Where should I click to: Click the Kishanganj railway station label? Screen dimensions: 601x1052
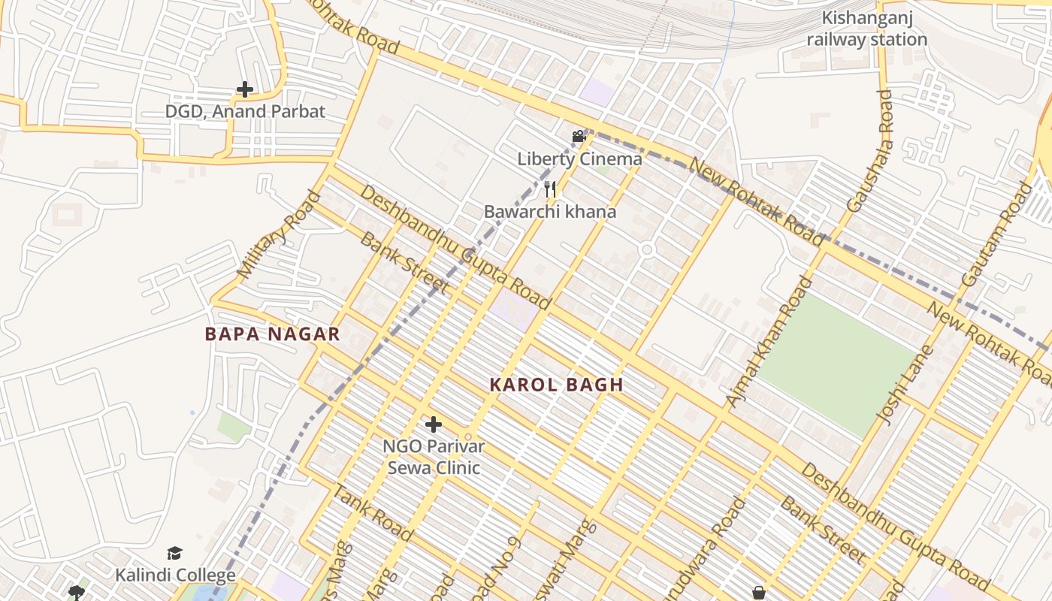click(866, 29)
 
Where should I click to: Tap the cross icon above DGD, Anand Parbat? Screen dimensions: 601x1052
click(244, 89)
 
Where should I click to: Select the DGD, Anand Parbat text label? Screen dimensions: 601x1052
click(245, 112)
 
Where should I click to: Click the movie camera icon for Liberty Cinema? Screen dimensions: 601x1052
click(579, 136)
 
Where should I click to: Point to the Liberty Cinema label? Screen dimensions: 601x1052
click(579, 159)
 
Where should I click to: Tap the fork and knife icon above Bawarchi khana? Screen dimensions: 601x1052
click(550, 189)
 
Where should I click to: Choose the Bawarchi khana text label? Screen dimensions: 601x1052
click(549, 212)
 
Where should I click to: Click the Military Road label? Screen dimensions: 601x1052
click(279, 234)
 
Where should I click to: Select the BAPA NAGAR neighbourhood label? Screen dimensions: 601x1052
click(273, 335)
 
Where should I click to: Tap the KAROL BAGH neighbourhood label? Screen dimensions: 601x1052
click(556, 385)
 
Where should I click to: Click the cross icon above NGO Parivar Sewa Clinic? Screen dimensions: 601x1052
click(433, 424)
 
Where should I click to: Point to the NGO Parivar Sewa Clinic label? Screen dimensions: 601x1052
click(434, 457)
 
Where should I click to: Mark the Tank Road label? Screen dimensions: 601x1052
click(372, 514)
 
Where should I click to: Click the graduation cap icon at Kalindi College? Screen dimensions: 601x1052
click(174, 554)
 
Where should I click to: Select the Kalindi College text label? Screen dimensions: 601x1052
click(175, 576)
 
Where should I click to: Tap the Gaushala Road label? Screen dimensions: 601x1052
click(869, 150)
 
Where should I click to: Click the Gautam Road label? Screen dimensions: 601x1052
click(997, 234)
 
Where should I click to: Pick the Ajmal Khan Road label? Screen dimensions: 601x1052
click(769, 343)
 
